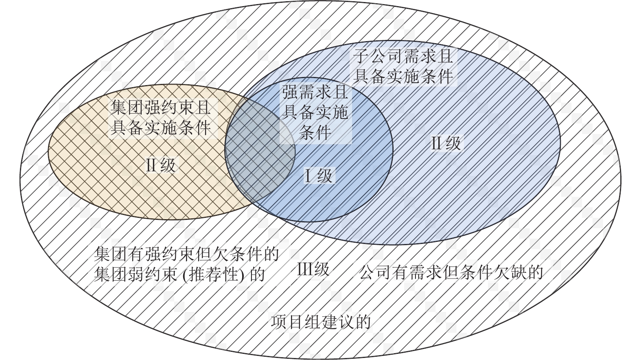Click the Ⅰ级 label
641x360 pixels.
[x=319, y=176]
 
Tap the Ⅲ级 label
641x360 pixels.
[x=313, y=270]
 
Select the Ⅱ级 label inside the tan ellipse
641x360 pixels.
[x=161, y=165]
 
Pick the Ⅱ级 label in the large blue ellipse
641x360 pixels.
[x=446, y=143]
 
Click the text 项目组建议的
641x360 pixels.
[x=321, y=322]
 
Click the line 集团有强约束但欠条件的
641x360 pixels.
[x=186, y=254]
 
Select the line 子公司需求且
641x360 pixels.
[x=403, y=56]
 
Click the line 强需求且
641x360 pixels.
[x=315, y=93]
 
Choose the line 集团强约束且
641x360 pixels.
[x=161, y=108]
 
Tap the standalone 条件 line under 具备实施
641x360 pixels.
[x=315, y=132]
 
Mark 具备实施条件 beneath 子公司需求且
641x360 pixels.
[x=403, y=76]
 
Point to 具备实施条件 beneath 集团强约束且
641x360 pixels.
[x=161, y=128]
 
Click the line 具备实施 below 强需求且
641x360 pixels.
[x=315, y=112]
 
